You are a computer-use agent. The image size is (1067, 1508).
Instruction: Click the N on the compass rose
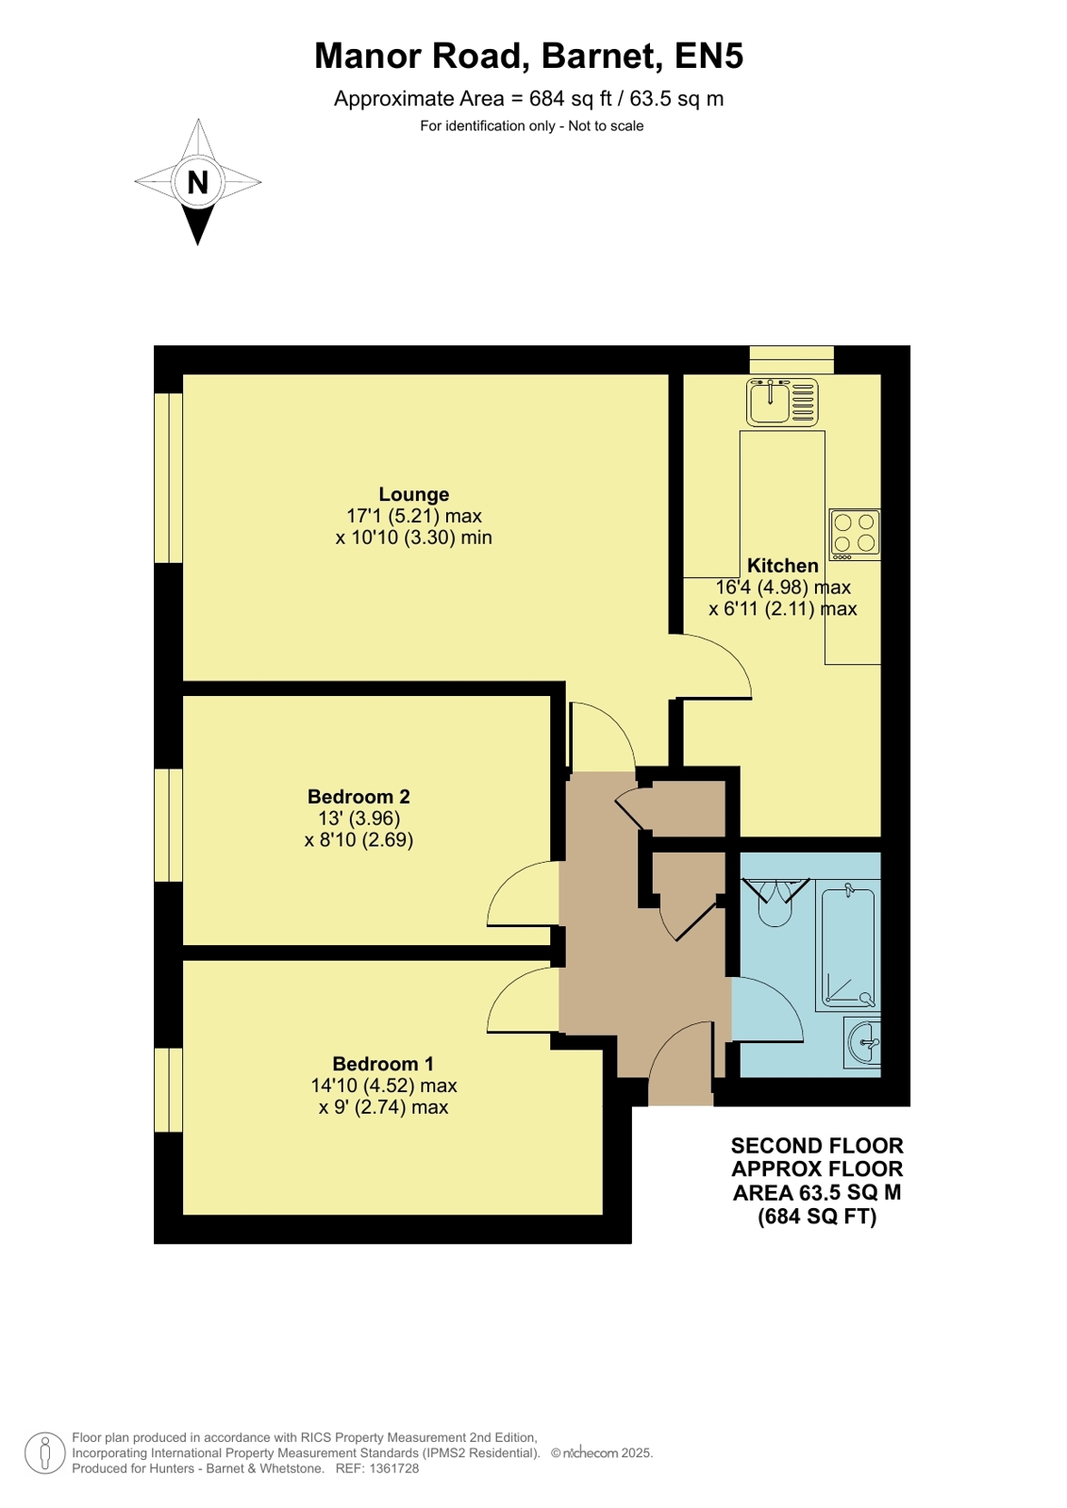tap(197, 182)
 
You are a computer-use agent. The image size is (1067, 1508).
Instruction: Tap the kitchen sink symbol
tap(782, 402)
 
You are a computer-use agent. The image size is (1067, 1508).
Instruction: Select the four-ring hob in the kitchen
tap(855, 534)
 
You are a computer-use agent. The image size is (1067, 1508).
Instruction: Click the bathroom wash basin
tap(864, 1042)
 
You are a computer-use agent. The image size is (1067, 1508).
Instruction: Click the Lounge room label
tap(413, 494)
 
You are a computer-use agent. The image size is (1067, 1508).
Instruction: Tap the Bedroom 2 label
tap(358, 796)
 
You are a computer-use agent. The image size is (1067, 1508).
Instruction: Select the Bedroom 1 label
tap(383, 1064)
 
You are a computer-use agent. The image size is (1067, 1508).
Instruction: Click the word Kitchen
tap(783, 565)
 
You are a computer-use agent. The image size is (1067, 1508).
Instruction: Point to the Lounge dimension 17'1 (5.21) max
tap(413, 516)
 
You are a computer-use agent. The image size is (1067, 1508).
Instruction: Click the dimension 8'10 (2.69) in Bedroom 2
tap(358, 839)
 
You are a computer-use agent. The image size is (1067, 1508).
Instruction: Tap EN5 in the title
tap(709, 56)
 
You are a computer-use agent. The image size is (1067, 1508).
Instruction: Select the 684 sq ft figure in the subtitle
tap(570, 99)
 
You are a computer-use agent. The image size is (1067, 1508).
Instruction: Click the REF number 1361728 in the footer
tap(393, 1469)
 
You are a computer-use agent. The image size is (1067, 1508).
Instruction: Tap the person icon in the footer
tap(45, 1453)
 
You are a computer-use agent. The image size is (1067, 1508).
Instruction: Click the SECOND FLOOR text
tap(816, 1145)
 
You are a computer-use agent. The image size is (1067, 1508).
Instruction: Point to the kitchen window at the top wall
tap(792, 359)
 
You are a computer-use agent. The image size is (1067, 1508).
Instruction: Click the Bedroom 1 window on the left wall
tap(169, 1089)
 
